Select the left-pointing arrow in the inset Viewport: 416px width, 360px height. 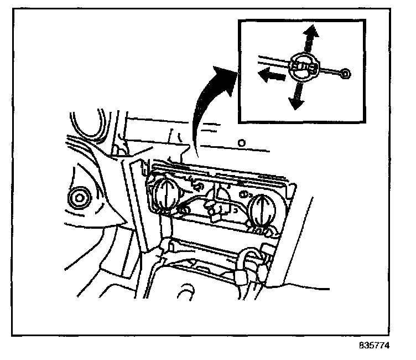271,76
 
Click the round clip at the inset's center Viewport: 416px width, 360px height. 303,66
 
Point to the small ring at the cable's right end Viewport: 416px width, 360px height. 345,74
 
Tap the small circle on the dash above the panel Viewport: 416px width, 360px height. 241,143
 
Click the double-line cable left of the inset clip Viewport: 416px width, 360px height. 271,60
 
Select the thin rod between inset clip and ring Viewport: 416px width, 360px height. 330,71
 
